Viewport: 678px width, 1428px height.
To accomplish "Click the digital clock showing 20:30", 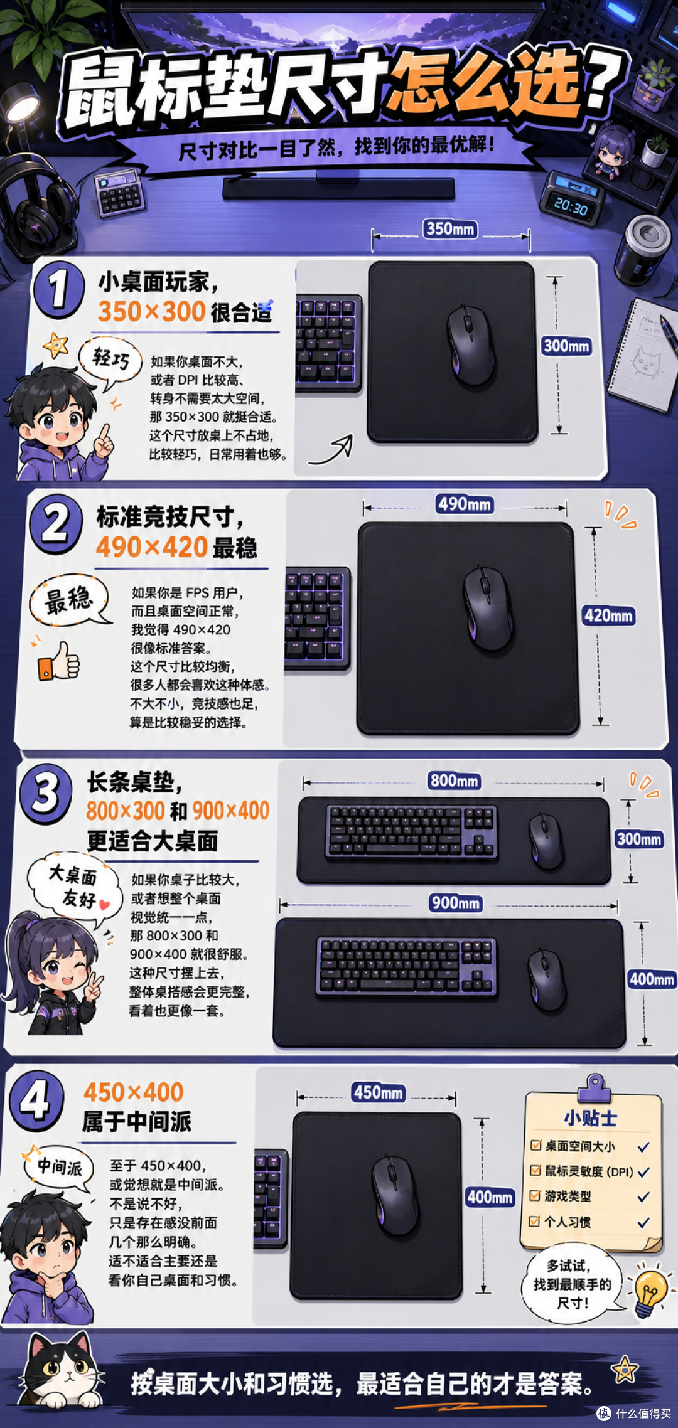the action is pyautogui.click(x=572, y=198).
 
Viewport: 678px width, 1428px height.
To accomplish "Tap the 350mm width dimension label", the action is pyautogui.click(x=450, y=228).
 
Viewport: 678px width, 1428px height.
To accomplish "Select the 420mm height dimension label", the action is pyautogui.click(x=608, y=615).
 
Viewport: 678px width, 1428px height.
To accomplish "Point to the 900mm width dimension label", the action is pyautogui.click(x=456, y=903).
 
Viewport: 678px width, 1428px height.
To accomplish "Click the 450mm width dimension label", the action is pyautogui.click(x=379, y=1092).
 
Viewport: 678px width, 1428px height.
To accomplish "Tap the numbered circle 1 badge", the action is pyautogui.click(x=59, y=290).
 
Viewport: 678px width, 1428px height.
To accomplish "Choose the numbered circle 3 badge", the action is pyautogui.click(x=46, y=793).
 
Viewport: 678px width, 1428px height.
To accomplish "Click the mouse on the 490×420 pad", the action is pyautogui.click(x=488, y=609).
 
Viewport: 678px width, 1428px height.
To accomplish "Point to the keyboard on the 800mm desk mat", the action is pyautogui.click(x=412, y=832).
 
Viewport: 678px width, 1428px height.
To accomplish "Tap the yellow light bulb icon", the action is pyautogui.click(x=650, y=1294).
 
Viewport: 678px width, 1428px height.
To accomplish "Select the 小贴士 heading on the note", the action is pyautogui.click(x=590, y=1118).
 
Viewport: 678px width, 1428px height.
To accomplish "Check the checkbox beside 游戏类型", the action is pyautogui.click(x=535, y=1195).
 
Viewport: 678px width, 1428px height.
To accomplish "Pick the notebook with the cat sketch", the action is pyautogui.click(x=642, y=354).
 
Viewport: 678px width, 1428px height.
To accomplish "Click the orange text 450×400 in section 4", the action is pyautogui.click(x=134, y=1092).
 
